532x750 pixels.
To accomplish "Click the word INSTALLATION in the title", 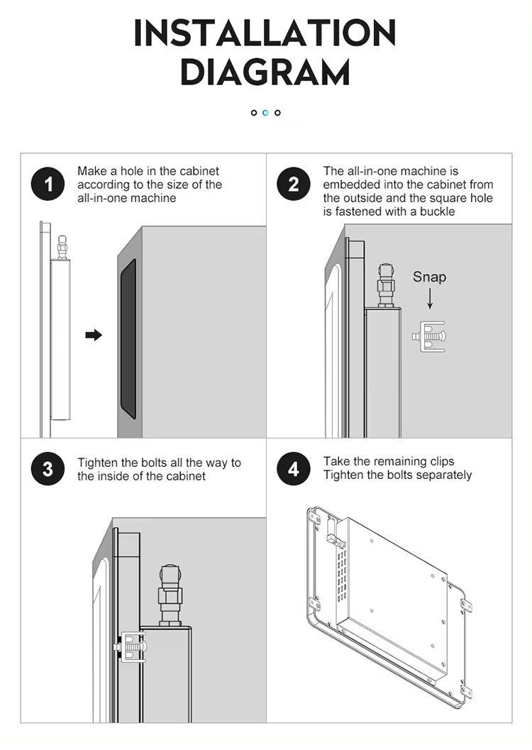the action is pyautogui.click(x=265, y=33).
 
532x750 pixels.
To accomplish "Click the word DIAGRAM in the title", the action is pyautogui.click(x=265, y=72).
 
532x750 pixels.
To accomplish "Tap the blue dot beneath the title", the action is pyautogui.click(x=266, y=113).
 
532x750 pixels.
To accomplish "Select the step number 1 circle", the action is pyautogui.click(x=48, y=184).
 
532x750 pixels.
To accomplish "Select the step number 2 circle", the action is pyautogui.click(x=294, y=184).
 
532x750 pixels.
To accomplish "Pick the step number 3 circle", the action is pyautogui.click(x=48, y=469).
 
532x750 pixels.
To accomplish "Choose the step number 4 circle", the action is pyautogui.click(x=294, y=469).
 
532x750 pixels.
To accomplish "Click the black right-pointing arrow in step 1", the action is pyautogui.click(x=94, y=335).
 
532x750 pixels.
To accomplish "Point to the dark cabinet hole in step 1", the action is pyautogui.click(x=128, y=338).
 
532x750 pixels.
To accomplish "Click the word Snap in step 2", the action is pyautogui.click(x=429, y=277).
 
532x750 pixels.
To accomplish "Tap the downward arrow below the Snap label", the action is pyautogui.click(x=430, y=299).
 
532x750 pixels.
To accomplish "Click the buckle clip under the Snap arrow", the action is pyautogui.click(x=428, y=337).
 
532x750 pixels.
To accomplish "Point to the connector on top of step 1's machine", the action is pyautogui.click(x=62, y=247).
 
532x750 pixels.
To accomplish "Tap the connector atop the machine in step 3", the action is pyautogui.click(x=171, y=596).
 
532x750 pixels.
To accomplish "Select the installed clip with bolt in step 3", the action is pyautogui.click(x=131, y=648).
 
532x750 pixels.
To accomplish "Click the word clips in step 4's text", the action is pyautogui.click(x=442, y=462).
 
